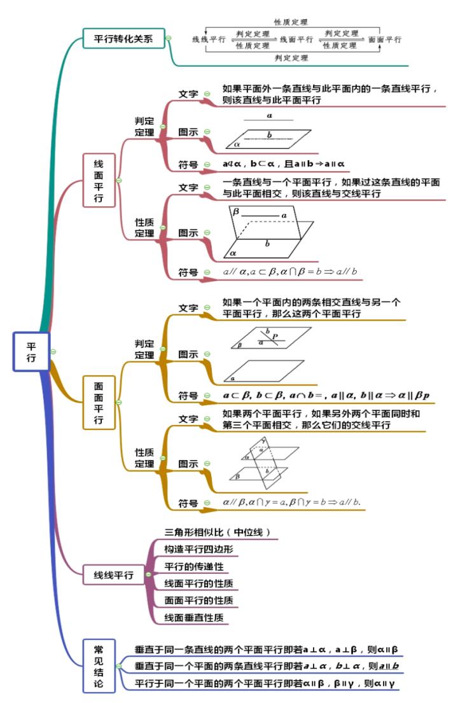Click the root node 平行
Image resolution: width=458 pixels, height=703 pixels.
pyautogui.click(x=31, y=351)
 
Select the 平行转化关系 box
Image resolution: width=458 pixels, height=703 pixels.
pyautogui.click(x=123, y=38)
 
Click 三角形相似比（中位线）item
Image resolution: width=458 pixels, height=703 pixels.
pyautogui.click(x=212, y=532)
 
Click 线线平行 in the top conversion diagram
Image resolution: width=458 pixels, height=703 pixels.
pyautogui.click(x=209, y=39)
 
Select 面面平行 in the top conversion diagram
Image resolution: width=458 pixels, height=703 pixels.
pyautogui.click(x=385, y=39)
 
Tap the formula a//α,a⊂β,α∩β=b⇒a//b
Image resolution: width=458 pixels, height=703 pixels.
pyautogui.click(x=290, y=272)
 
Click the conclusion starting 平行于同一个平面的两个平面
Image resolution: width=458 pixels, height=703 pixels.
pyautogui.click(x=266, y=684)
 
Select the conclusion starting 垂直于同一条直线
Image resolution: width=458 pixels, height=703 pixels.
pyautogui.click(x=266, y=650)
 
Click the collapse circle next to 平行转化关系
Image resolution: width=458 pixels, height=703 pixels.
pyautogui.click(x=168, y=38)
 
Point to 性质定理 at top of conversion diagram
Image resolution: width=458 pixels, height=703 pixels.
pyautogui.click(x=291, y=22)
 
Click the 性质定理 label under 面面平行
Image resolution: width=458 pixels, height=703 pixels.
pyautogui.click(x=144, y=458)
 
